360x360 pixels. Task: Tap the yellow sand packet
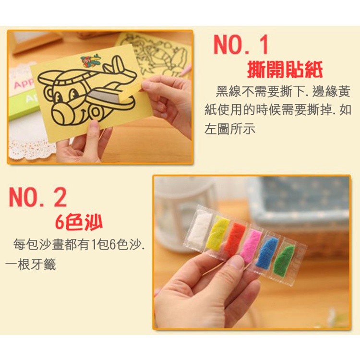click(217, 233)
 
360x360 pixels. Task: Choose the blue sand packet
click(267, 252)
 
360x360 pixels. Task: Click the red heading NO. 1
click(241, 45)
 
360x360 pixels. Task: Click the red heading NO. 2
click(37, 197)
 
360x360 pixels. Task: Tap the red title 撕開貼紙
click(285, 69)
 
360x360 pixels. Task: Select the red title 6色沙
click(79, 223)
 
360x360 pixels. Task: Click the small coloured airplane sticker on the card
click(91, 60)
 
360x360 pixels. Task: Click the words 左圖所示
click(229, 129)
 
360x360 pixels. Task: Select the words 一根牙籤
click(31, 264)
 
